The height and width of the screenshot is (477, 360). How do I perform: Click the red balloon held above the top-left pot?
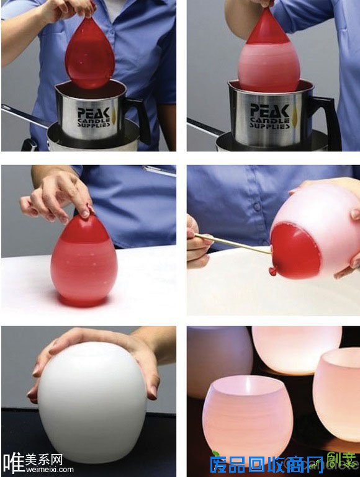point(89,53)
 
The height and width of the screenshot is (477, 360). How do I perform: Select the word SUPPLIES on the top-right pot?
point(269,125)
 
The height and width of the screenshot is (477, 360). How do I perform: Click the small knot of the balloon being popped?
point(272,272)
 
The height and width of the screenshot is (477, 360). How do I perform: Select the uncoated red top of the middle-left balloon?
point(84,231)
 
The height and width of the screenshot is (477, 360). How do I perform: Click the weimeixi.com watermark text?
point(49,470)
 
